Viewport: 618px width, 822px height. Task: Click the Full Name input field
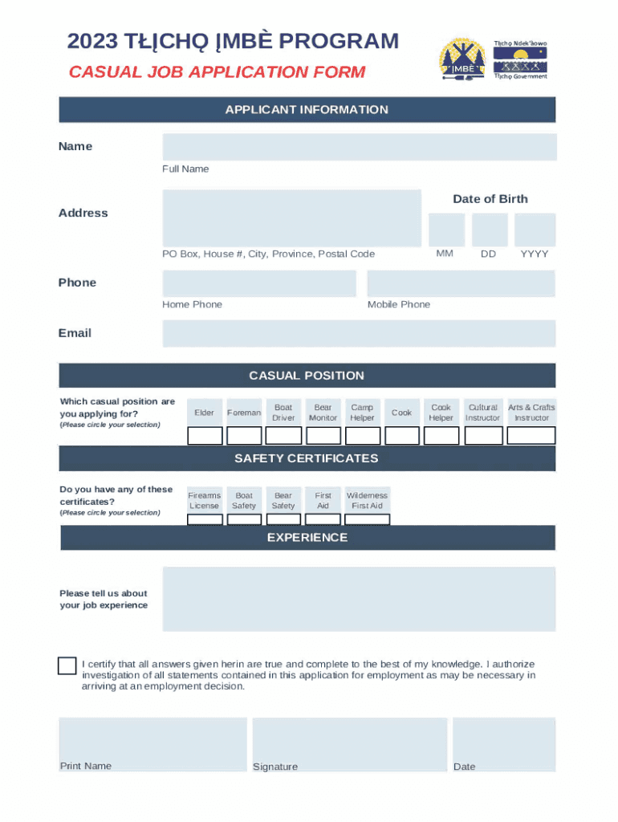coord(359,147)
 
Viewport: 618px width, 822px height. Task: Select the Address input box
coord(291,218)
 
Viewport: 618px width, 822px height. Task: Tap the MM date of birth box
coord(445,230)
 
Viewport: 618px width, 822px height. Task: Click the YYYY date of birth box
coord(535,230)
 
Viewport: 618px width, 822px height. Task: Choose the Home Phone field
coord(258,283)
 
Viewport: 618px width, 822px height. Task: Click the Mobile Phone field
coord(461,283)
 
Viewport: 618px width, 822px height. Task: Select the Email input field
coord(359,333)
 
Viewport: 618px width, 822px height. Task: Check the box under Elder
coord(205,436)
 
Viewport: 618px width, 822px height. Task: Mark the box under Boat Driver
coord(283,436)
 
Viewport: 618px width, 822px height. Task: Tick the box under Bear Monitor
coord(323,436)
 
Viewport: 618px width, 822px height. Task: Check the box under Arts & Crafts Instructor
coord(531,436)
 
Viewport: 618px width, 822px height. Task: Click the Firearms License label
coord(204,501)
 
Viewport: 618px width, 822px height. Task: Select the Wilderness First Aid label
coord(367,501)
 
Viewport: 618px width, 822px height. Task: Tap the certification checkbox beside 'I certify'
coord(67,665)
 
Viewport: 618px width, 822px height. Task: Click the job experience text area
coord(359,599)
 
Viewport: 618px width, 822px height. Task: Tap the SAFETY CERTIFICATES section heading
coord(307,458)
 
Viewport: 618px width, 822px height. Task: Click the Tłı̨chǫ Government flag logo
coord(520,59)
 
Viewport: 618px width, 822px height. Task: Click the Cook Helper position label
coord(441,413)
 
